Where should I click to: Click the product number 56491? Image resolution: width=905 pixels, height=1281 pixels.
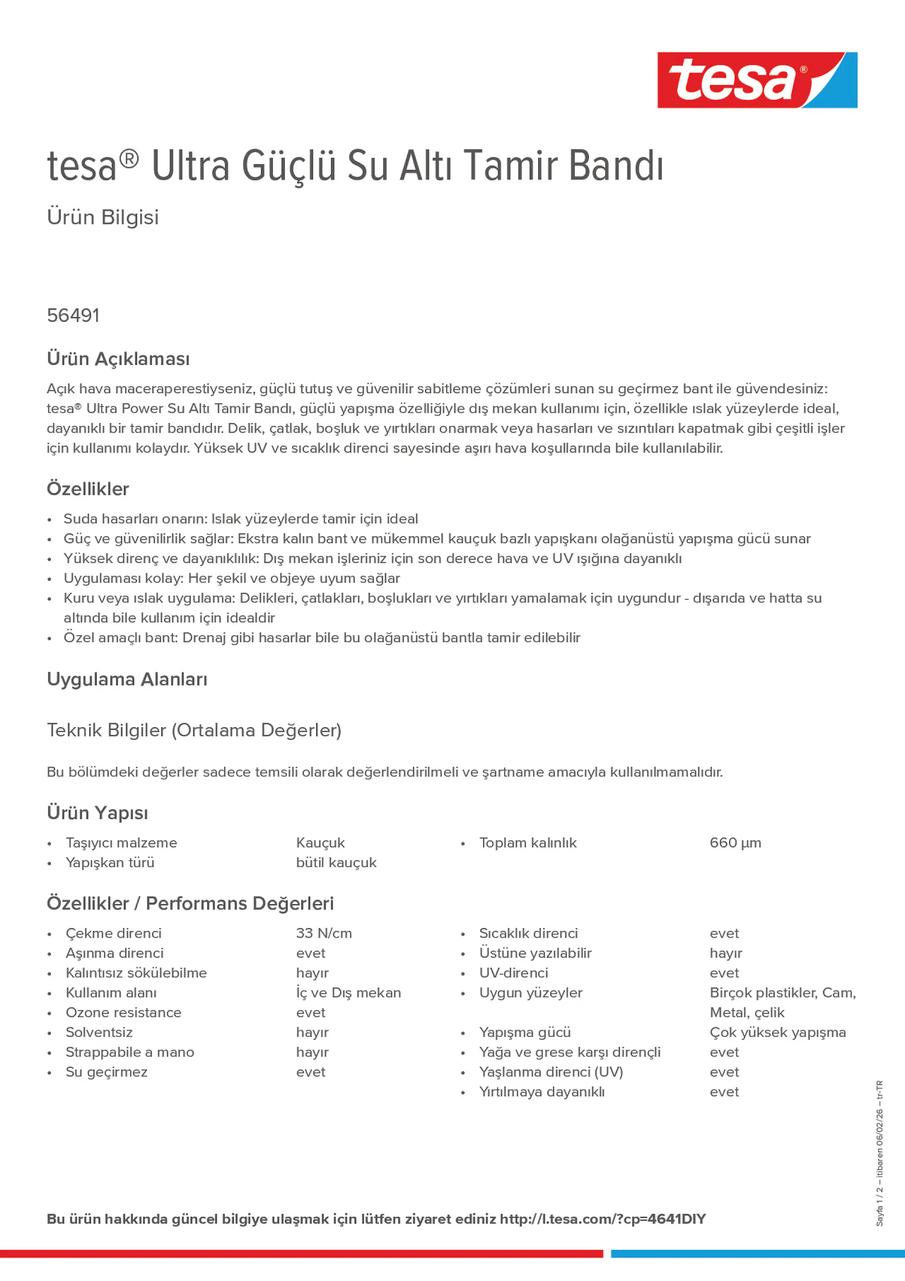click(73, 316)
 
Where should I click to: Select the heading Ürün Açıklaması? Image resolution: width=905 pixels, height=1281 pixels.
click(118, 359)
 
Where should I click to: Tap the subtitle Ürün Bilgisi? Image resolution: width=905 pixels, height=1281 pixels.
click(103, 217)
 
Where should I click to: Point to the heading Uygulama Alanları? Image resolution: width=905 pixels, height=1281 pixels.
click(127, 679)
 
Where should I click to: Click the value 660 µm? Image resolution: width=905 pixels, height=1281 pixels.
click(735, 843)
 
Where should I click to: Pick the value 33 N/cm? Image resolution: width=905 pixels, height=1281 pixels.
click(324, 933)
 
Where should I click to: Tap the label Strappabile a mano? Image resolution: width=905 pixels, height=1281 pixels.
click(129, 1052)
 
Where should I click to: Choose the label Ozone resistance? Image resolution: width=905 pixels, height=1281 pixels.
click(123, 1012)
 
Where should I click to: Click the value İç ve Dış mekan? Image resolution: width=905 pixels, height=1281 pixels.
click(348, 993)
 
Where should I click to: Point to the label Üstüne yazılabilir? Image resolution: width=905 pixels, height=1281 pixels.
click(535, 953)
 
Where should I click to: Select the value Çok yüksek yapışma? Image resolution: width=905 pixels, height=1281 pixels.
click(777, 1032)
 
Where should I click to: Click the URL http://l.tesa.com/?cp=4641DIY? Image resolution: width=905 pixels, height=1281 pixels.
click(602, 1219)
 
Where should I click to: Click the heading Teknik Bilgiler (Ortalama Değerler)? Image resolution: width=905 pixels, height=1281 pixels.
click(194, 730)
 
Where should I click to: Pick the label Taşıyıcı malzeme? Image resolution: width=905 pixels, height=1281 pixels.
click(121, 843)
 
